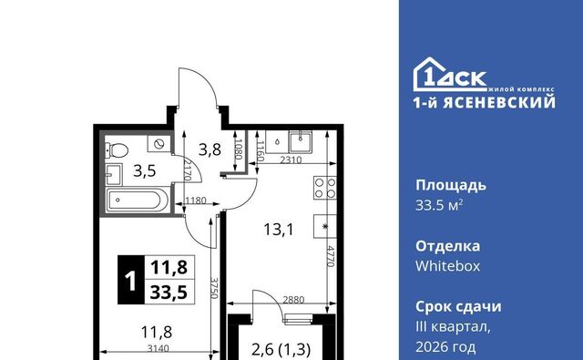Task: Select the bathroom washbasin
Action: coord(113,174)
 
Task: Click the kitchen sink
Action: coord(301,141)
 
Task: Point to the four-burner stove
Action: coord(325,188)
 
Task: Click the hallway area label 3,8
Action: coord(210,149)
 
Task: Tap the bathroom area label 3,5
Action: coord(145,171)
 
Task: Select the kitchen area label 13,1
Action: coord(279,229)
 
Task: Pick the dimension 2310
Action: coord(291,159)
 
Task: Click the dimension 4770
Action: coord(331,255)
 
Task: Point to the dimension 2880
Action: coord(293,299)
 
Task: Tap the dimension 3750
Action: coord(214,287)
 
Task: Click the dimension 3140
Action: coord(158,348)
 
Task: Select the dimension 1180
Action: coord(196,201)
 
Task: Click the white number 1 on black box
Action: coord(130,281)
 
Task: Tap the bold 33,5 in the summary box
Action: coord(169,292)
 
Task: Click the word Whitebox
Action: coord(447,266)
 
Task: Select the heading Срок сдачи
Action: coord(458,307)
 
